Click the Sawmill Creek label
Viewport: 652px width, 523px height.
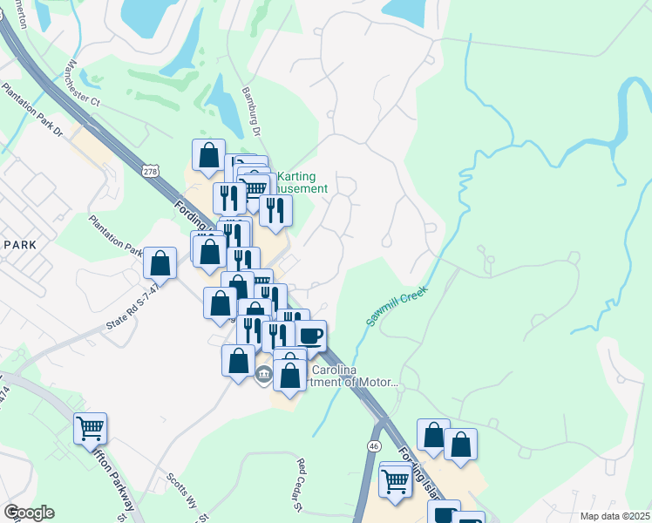[397, 306]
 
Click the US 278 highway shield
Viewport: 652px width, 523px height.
[151, 173]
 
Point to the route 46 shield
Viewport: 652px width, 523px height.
[374, 445]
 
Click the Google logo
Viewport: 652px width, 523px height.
[29, 513]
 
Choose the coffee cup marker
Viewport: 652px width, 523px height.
[309, 335]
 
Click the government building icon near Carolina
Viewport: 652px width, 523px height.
[264, 375]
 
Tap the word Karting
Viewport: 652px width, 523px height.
[295, 177]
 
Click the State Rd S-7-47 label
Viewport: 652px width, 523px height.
[133, 306]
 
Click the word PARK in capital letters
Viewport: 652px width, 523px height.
[19, 245]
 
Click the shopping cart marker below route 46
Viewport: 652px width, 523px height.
[396, 481]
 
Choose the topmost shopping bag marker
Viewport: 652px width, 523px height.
[209, 156]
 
